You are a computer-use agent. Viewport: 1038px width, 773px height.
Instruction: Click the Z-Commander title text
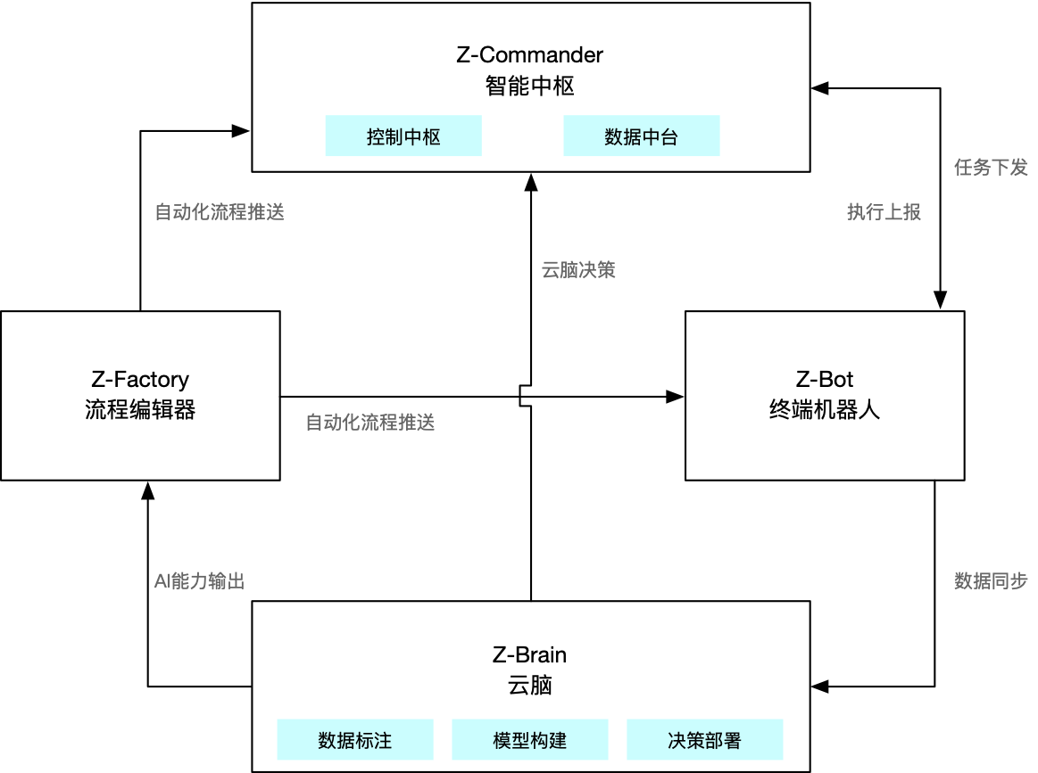click(530, 54)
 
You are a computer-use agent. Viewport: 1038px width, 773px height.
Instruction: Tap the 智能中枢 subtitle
click(530, 86)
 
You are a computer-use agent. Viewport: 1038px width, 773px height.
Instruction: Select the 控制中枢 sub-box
click(403, 136)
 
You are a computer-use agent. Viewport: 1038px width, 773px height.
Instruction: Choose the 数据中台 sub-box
click(641, 136)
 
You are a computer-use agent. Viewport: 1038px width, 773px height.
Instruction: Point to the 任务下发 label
click(991, 168)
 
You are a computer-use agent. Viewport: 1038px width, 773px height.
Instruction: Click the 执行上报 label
click(884, 212)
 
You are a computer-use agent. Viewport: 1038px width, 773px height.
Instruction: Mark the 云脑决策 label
click(578, 270)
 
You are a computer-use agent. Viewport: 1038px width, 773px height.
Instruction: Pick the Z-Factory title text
click(140, 379)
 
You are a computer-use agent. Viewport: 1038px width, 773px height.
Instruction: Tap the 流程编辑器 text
click(140, 410)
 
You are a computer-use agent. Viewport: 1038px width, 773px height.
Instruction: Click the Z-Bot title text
click(825, 379)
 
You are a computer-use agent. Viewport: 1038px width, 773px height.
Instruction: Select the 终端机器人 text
click(825, 410)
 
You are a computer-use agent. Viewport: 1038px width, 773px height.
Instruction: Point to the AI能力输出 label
click(199, 581)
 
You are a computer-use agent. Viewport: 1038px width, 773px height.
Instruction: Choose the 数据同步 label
click(991, 581)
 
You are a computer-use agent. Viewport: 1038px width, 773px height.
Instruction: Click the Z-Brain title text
click(529, 654)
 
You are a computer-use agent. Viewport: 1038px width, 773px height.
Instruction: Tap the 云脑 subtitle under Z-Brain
click(529, 686)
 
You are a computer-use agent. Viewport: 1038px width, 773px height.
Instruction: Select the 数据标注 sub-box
click(355, 740)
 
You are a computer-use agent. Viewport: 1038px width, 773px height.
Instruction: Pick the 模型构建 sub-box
click(530, 740)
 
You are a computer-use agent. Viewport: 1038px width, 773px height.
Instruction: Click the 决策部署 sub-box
click(705, 740)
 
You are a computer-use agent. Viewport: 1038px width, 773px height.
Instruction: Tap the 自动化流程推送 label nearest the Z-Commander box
click(220, 212)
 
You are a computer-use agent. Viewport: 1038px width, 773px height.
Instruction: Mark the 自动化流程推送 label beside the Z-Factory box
click(370, 423)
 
